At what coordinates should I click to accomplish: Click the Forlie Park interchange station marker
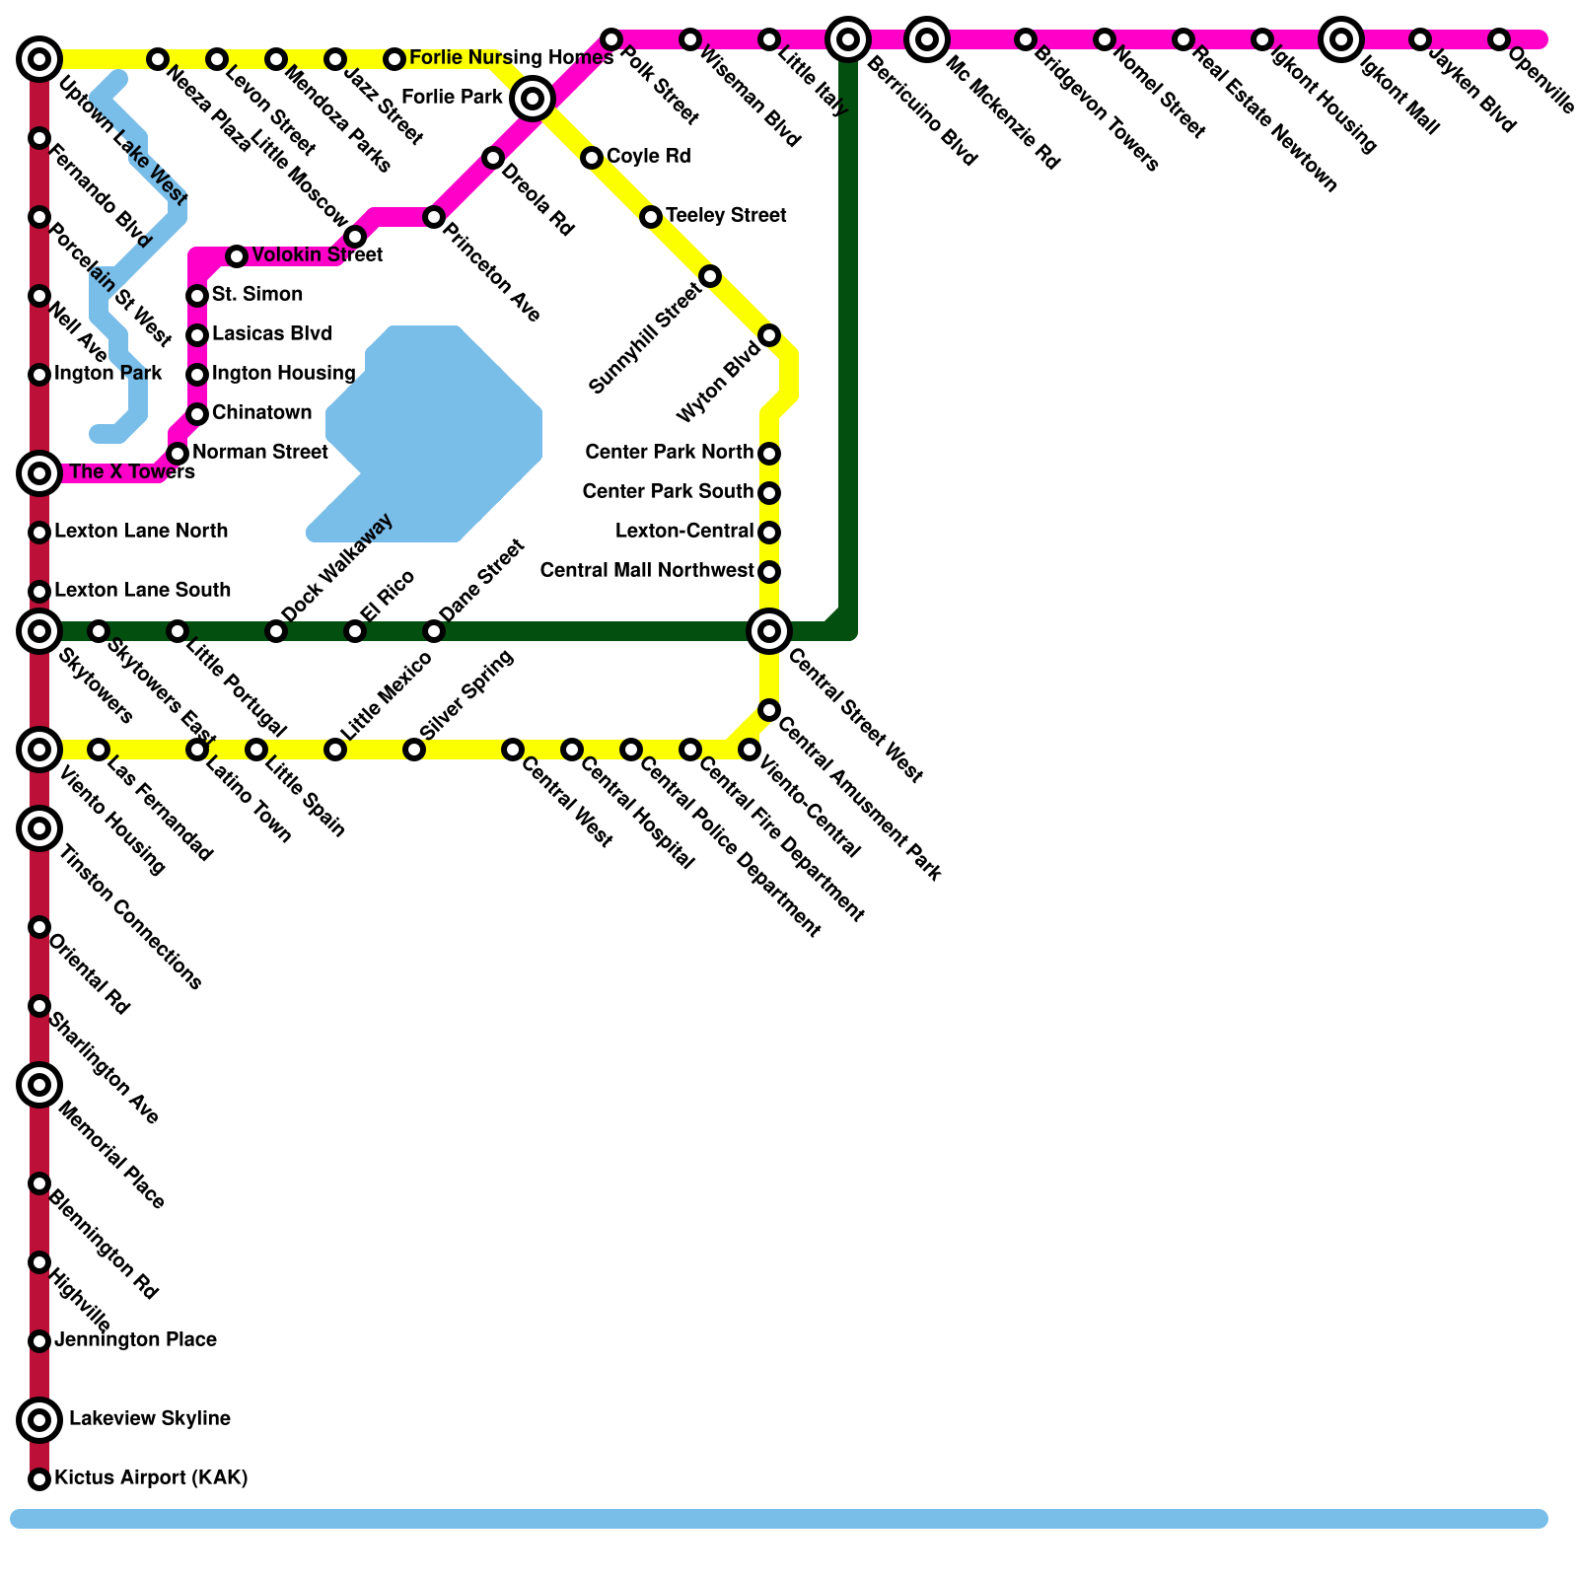(x=533, y=99)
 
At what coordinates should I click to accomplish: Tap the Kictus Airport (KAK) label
(x=151, y=1478)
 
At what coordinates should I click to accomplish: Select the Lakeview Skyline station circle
(x=39, y=1420)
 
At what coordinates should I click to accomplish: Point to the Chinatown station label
(x=261, y=413)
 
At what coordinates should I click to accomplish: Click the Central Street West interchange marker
(x=769, y=631)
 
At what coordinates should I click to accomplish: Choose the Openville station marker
(x=1499, y=39)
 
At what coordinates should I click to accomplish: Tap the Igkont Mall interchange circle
(x=1341, y=39)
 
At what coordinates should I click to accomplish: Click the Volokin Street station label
(x=317, y=256)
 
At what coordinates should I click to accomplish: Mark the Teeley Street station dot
(x=651, y=217)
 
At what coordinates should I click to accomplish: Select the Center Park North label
(x=669, y=453)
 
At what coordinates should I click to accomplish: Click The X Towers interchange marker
(x=39, y=473)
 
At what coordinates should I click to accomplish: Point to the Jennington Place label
(x=135, y=1340)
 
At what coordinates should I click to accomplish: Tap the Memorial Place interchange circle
(x=39, y=1085)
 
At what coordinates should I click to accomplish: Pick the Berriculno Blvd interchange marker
(x=848, y=39)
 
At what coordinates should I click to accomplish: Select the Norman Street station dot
(x=178, y=454)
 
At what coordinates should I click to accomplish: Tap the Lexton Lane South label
(x=142, y=591)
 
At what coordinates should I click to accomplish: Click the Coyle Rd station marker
(x=592, y=158)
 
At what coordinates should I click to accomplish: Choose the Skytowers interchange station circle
(x=39, y=631)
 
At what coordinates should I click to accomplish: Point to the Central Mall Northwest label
(x=647, y=571)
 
